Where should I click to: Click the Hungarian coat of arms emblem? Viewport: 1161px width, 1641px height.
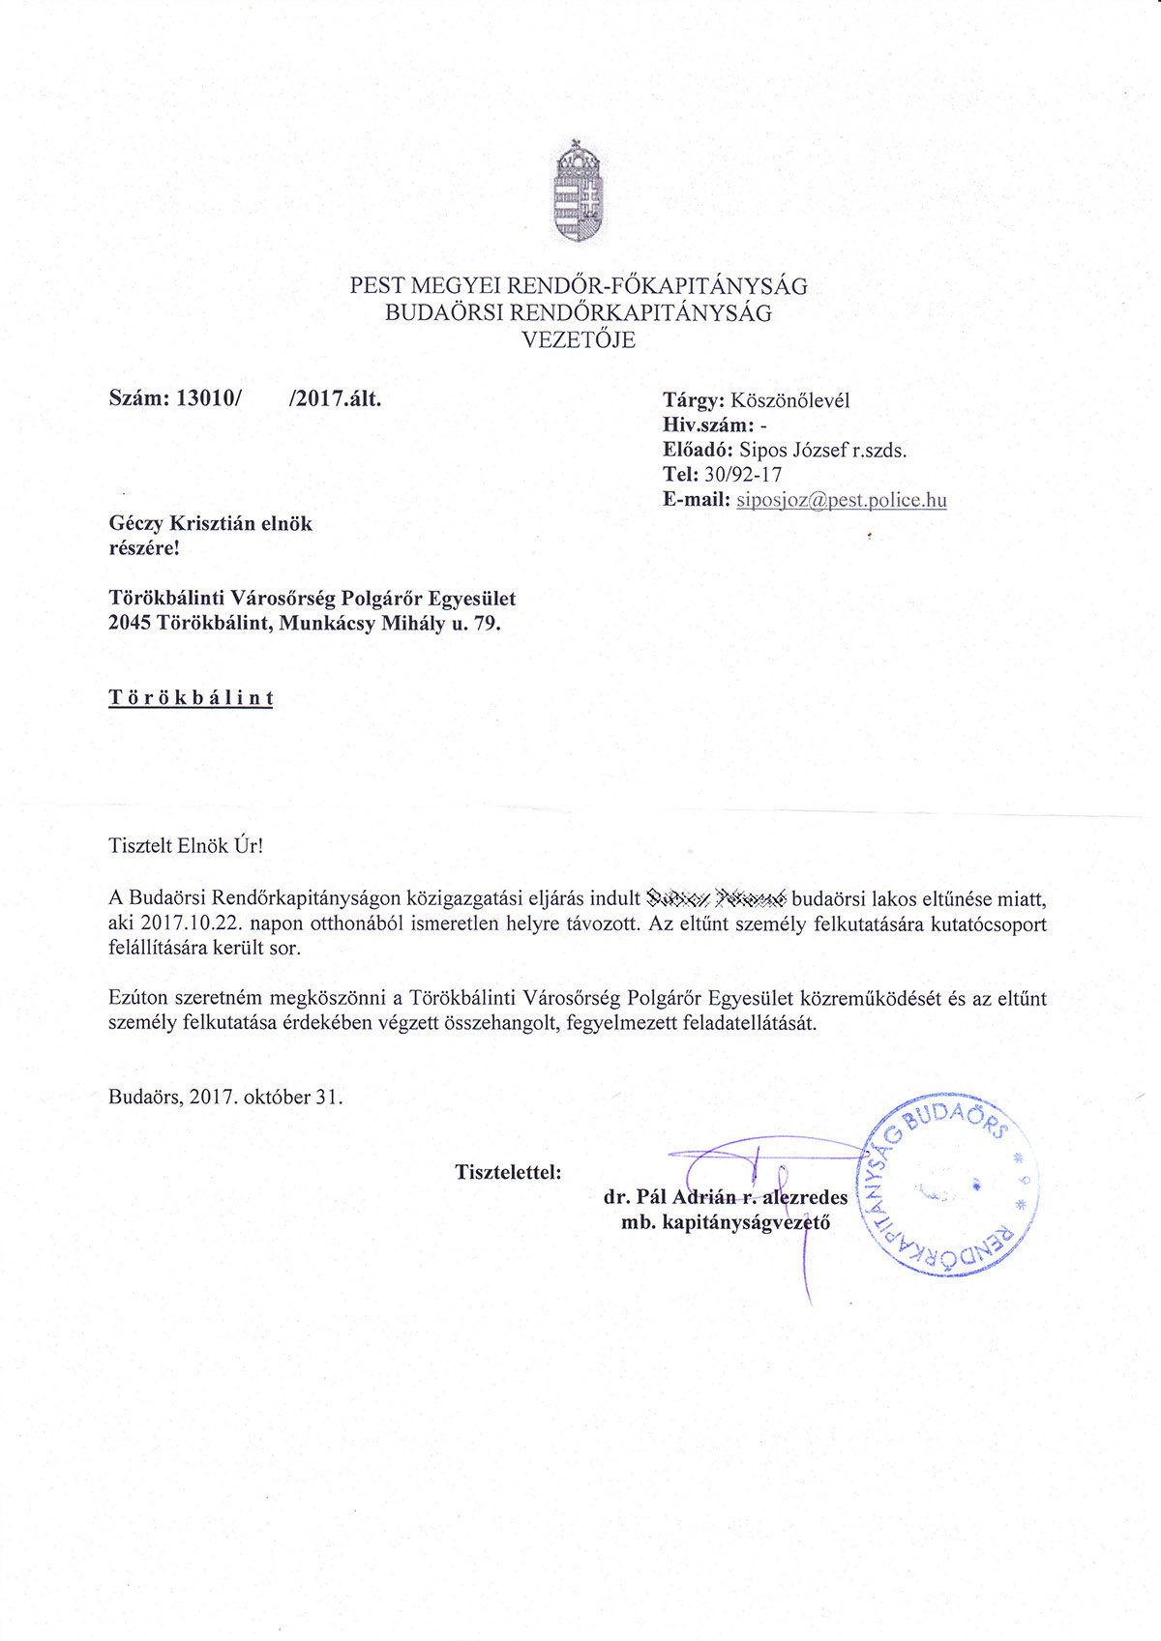(578, 192)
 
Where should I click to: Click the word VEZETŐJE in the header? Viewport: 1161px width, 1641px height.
(579, 339)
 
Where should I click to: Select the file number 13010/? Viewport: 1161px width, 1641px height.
(207, 398)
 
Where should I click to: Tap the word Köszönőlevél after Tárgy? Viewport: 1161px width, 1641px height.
(790, 400)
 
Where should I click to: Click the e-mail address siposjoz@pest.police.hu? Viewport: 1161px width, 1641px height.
(841, 500)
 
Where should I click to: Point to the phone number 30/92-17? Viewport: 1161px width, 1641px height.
(742, 475)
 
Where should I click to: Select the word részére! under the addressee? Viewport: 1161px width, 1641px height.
(144, 548)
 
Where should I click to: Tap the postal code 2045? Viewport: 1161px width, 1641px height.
(130, 623)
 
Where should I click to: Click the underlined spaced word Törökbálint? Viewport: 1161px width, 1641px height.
(191, 697)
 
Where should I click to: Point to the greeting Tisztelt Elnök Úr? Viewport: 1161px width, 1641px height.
(186, 845)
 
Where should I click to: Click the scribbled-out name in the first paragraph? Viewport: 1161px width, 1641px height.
(716, 897)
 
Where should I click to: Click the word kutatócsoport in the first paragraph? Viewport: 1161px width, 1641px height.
(988, 923)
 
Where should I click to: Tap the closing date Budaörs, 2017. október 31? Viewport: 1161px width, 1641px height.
(225, 1097)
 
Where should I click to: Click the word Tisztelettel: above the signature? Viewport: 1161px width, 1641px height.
(508, 1172)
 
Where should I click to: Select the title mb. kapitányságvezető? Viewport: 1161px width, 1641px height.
(726, 1222)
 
